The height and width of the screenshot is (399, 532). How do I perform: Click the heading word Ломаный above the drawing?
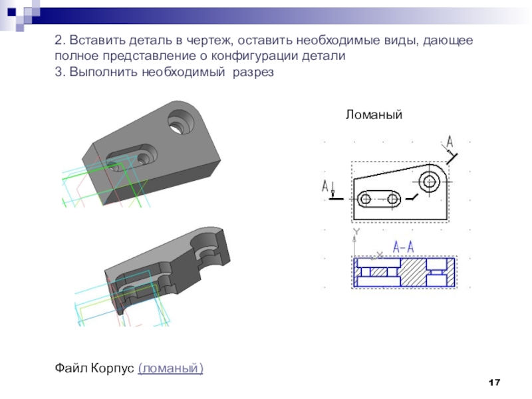pyautogui.click(x=374, y=114)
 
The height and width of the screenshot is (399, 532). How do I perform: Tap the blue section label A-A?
pyautogui.click(x=404, y=247)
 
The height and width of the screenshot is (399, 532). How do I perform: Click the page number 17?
pyautogui.click(x=494, y=382)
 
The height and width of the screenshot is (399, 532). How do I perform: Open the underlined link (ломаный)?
pyautogui.click(x=171, y=368)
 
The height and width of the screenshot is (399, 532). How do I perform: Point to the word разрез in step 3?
pyautogui.click(x=253, y=72)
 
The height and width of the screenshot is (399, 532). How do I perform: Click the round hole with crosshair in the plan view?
pyautogui.click(x=430, y=182)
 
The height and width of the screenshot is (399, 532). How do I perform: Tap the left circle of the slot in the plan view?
pyautogui.click(x=365, y=198)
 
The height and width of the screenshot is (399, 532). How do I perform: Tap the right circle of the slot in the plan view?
pyautogui.click(x=393, y=198)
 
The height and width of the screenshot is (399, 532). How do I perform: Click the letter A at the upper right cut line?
pyautogui.click(x=450, y=142)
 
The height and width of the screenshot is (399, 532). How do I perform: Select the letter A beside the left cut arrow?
pyautogui.click(x=325, y=186)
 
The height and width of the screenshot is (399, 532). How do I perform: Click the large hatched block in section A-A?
pyautogui.click(x=413, y=272)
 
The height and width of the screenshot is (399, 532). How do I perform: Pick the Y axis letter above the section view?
pyautogui.click(x=356, y=231)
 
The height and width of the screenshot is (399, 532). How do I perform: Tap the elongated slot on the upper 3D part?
pyautogui.click(x=132, y=157)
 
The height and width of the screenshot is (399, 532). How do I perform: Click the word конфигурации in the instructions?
pyautogui.click(x=255, y=56)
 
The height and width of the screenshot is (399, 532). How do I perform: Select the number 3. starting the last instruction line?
pyautogui.click(x=60, y=72)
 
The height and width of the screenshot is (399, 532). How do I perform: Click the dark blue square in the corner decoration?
pyautogui.click(x=12, y=12)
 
